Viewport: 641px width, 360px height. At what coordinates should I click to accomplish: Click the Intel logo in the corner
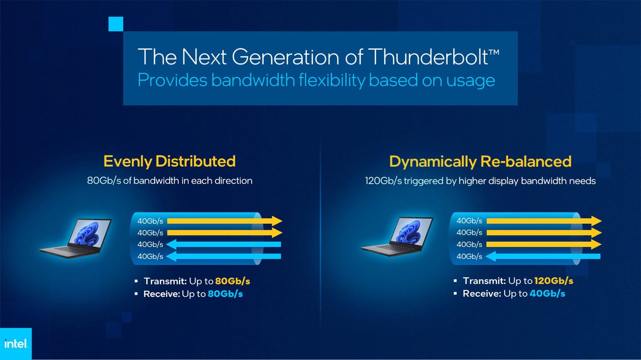[x=16, y=343]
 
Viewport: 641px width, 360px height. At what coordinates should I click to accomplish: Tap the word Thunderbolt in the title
[x=428, y=56]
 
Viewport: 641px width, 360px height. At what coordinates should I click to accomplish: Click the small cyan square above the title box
[x=116, y=24]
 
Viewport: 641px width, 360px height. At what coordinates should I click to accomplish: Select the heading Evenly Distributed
[x=169, y=161]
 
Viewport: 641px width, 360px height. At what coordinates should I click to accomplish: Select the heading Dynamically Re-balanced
[x=480, y=161]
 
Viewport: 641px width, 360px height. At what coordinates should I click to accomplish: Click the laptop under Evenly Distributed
[x=75, y=238]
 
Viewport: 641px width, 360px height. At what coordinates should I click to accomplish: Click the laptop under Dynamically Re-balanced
[x=397, y=237]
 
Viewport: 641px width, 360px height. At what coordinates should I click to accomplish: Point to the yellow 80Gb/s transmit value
[x=232, y=281]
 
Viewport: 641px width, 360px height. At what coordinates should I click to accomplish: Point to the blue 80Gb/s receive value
[x=225, y=294]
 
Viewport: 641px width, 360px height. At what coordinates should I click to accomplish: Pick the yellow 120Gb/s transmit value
[x=554, y=281]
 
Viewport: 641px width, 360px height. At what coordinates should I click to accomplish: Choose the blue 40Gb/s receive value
[x=547, y=293]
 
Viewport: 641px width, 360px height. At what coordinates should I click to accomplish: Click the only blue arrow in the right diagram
[x=543, y=256]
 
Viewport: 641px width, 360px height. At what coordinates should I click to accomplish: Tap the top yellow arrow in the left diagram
[x=225, y=221]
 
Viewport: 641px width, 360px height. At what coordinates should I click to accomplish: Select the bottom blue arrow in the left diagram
[x=223, y=256]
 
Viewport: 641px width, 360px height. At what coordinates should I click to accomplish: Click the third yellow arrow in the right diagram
[x=544, y=244]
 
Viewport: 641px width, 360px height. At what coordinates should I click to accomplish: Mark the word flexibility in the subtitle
[x=332, y=80]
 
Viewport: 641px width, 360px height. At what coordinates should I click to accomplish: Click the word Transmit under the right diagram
[x=484, y=281]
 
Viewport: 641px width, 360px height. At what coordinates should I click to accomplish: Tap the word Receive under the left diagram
[x=162, y=294]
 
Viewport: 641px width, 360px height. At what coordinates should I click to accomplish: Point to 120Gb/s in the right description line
[x=383, y=181]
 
